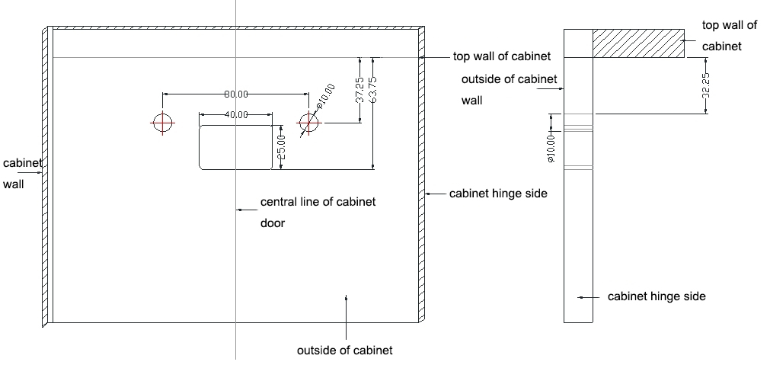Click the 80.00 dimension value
(x=236, y=94)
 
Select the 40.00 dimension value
(x=236, y=114)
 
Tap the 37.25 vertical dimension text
(x=359, y=89)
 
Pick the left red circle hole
(x=162, y=123)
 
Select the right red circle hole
(x=308, y=123)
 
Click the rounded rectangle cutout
(x=236, y=148)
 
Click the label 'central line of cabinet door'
(x=318, y=212)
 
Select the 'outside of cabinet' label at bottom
(x=344, y=351)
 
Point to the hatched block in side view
(x=637, y=43)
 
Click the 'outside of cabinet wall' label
(x=509, y=89)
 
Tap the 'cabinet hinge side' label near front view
(x=498, y=194)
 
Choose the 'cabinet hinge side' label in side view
(x=656, y=296)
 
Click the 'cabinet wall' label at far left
(x=21, y=173)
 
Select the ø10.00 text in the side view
(x=551, y=146)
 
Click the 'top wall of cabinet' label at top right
(x=729, y=35)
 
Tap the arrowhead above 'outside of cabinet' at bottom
(x=347, y=299)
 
